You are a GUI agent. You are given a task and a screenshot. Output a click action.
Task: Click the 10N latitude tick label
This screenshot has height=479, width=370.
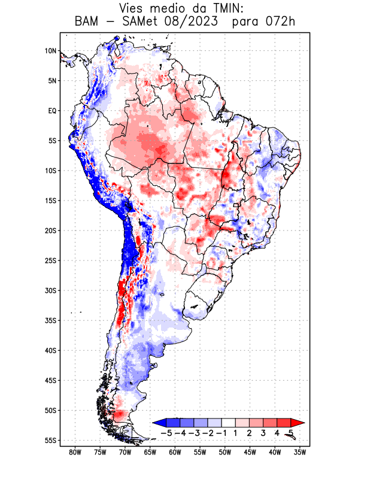click(x=50, y=51)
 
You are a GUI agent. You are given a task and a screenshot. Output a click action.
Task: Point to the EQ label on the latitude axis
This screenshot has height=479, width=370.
click(x=52, y=111)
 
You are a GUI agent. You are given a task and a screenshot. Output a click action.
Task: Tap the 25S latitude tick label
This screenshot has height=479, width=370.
click(x=50, y=260)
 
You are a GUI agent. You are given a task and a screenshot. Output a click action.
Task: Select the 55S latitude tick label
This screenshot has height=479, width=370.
click(x=50, y=441)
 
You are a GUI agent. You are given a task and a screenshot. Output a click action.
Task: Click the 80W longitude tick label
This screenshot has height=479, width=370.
click(x=75, y=453)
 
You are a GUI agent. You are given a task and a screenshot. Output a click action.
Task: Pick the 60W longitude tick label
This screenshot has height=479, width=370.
click(x=175, y=453)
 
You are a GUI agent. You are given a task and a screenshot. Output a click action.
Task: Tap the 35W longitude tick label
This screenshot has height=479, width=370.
click(x=300, y=453)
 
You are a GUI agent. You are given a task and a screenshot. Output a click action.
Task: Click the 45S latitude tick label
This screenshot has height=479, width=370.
click(x=50, y=380)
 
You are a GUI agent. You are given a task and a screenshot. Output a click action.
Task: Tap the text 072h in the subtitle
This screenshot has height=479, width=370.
click(x=281, y=22)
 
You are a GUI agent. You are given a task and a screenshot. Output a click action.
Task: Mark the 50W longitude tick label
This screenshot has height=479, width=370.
click(x=225, y=453)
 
